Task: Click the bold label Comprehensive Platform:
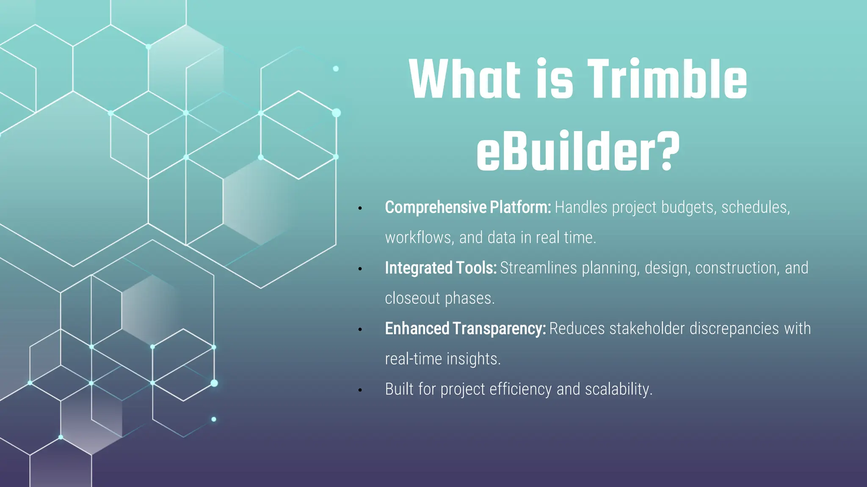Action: (x=468, y=207)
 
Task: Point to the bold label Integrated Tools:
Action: (x=441, y=268)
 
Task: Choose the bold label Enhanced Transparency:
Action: (x=465, y=328)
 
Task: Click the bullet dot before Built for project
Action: (x=360, y=390)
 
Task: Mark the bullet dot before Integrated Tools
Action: (x=360, y=269)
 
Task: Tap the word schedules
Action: (x=755, y=208)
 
